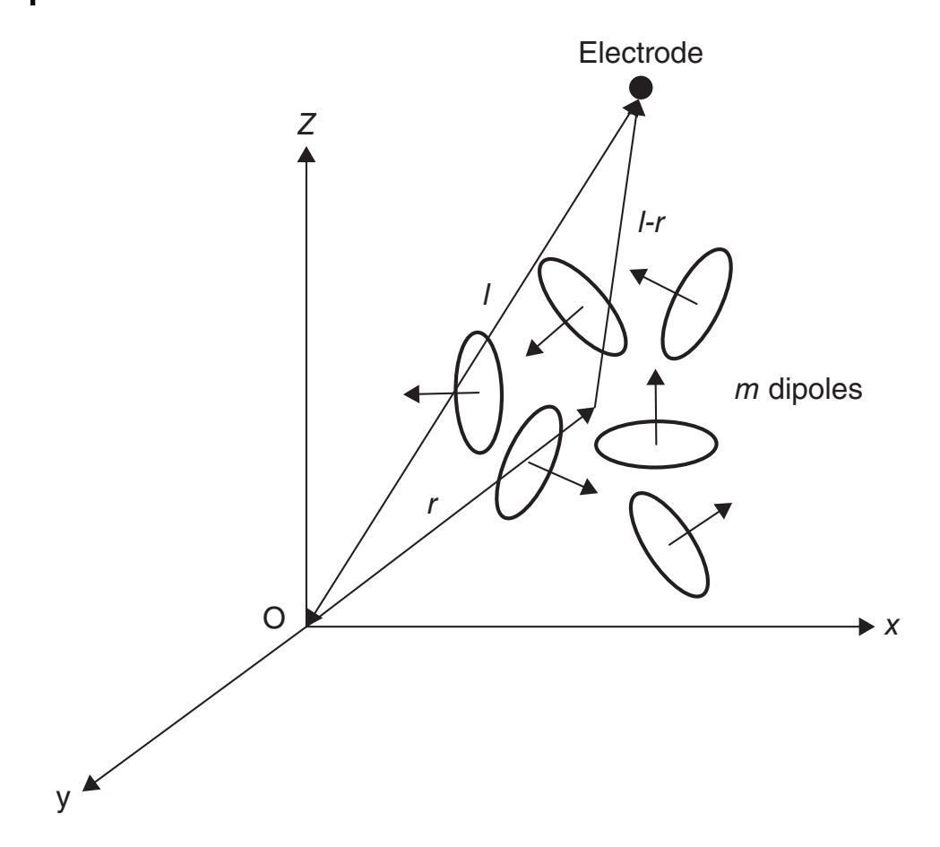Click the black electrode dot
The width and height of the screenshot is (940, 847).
[641, 88]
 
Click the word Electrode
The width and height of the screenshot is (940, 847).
[640, 54]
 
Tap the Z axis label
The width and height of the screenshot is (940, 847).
[306, 125]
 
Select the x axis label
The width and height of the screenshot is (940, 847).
[892, 627]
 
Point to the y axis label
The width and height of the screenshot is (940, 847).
[63, 799]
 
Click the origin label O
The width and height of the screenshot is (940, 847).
[273, 618]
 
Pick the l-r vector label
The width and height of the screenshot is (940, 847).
[651, 223]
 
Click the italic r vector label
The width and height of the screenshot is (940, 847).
[432, 506]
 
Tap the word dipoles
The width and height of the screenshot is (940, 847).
[815, 389]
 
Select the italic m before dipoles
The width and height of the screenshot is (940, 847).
[747, 391]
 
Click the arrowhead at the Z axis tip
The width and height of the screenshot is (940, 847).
[306, 154]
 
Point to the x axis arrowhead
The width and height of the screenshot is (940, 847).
[867, 627]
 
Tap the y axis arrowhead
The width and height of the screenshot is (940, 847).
[90, 782]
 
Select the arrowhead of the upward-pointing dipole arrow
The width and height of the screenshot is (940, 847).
[656, 377]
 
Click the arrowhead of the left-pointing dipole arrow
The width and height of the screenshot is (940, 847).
[411, 393]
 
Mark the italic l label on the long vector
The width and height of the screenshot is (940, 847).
[487, 295]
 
